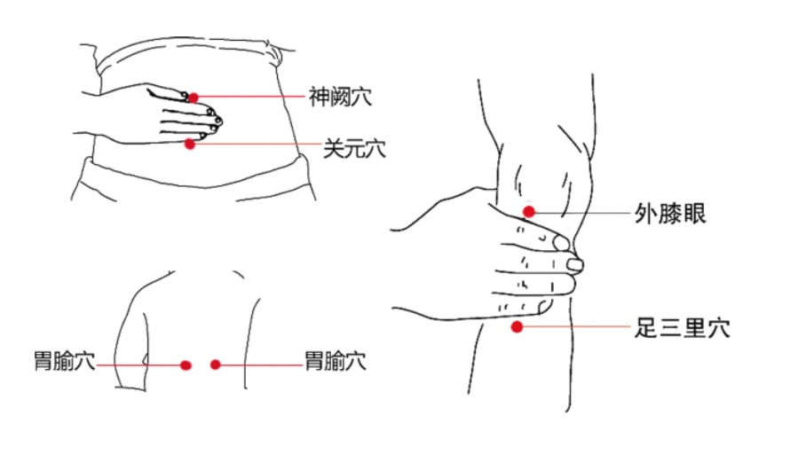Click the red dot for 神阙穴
coord(194,98)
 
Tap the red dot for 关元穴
coord(189,144)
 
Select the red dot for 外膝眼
coord(528,212)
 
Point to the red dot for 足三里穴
coord(517,327)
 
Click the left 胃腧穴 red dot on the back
coord(186,365)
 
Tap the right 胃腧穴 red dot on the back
coord(216,364)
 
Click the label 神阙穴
coord(341,97)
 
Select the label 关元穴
coord(354,149)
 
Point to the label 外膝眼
coord(670,214)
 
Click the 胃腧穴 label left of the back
coord(65,361)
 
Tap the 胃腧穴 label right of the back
coord(336,361)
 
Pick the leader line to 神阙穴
coord(252,97)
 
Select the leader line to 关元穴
coord(257,144)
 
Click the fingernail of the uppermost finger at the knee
coord(561,244)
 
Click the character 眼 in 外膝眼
coord(695,214)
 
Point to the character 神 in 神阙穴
coord(320,97)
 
